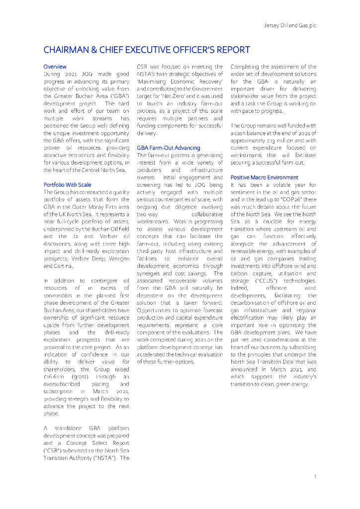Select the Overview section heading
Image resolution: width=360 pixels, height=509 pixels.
coord(55,67)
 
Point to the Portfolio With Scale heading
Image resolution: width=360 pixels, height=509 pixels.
coord(67,185)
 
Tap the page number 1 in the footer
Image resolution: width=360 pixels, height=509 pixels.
coord(315,477)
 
